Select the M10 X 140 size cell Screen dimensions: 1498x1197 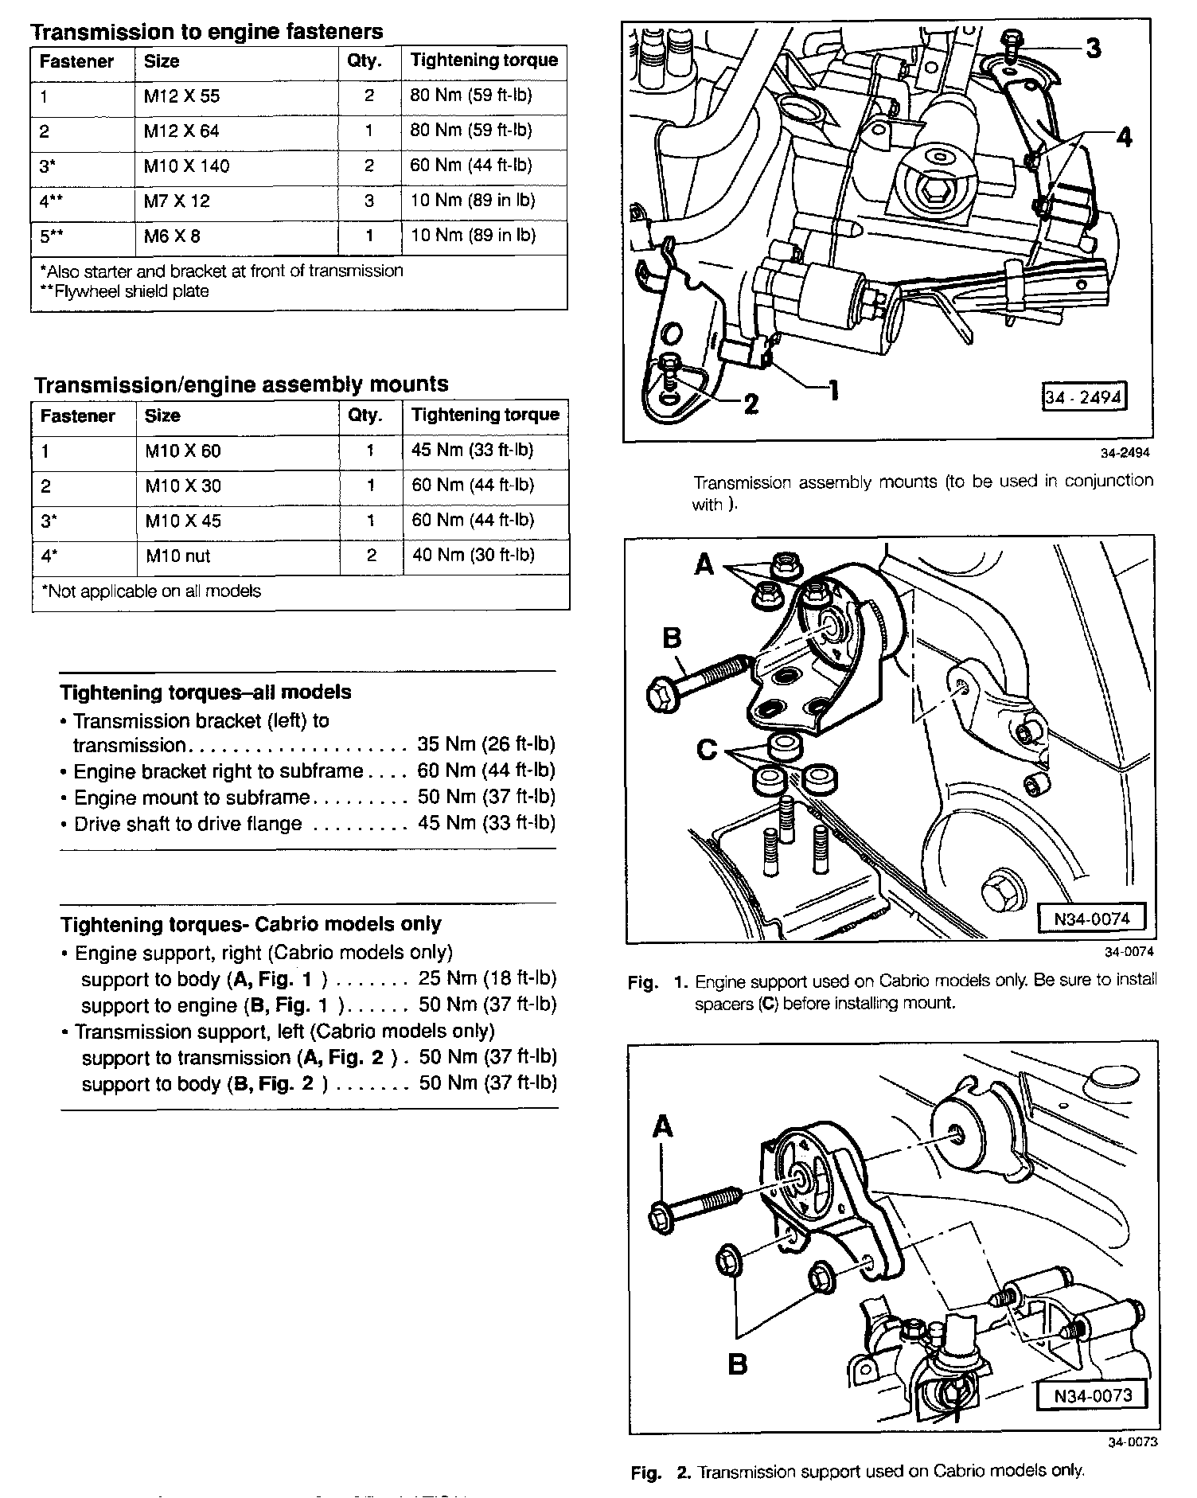click(x=186, y=166)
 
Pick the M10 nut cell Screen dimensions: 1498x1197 click(x=178, y=556)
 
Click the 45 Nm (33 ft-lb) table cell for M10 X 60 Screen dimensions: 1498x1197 click(x=472, y=451)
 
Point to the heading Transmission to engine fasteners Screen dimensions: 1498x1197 click(x=206, y=32)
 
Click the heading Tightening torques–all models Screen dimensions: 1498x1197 click(x=205, y=692)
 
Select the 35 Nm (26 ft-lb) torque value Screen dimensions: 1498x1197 click(x=485, y=745)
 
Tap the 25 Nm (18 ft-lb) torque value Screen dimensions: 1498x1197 click(x=487, y=978)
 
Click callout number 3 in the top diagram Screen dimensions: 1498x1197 click(x=1094, y=49)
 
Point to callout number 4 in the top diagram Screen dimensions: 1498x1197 click(x=1124, y=138)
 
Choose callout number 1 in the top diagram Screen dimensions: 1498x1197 click(x=833, y=390)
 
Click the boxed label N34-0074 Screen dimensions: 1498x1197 click(x=1092, y=919)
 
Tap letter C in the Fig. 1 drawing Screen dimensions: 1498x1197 click(x=707, y=750)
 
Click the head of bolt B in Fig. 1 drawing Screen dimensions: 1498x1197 click(x=662, y=693)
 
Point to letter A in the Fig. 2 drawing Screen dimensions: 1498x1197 click(x=663, y=1127)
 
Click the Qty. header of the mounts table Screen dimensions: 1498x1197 click(x=365, y=416)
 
